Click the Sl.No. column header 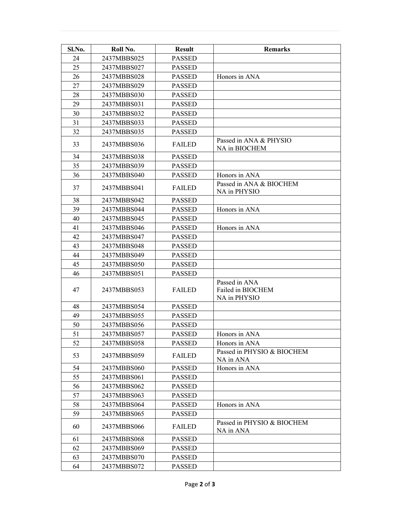(76, 49)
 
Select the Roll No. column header (123, 49)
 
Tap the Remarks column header (277, 49)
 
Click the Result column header (184, 49)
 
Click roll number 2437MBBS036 (123, 144)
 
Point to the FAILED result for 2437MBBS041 (184, 188)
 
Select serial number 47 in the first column (76, 290)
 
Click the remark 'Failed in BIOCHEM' (245, 290)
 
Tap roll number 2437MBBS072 (123, 466)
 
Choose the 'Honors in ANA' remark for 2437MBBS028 (238, 77)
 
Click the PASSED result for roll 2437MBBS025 (184, 58)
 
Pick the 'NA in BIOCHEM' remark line (241, 148)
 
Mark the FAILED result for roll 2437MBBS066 (184, 426)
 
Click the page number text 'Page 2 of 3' (200, 484)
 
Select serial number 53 (76, 355)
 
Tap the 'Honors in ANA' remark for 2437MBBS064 (238, 405)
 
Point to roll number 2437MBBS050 (123, 264)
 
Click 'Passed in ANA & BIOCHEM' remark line (257, 184)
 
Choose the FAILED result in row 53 (184, 355)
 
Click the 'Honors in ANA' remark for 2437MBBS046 (238, 228)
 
